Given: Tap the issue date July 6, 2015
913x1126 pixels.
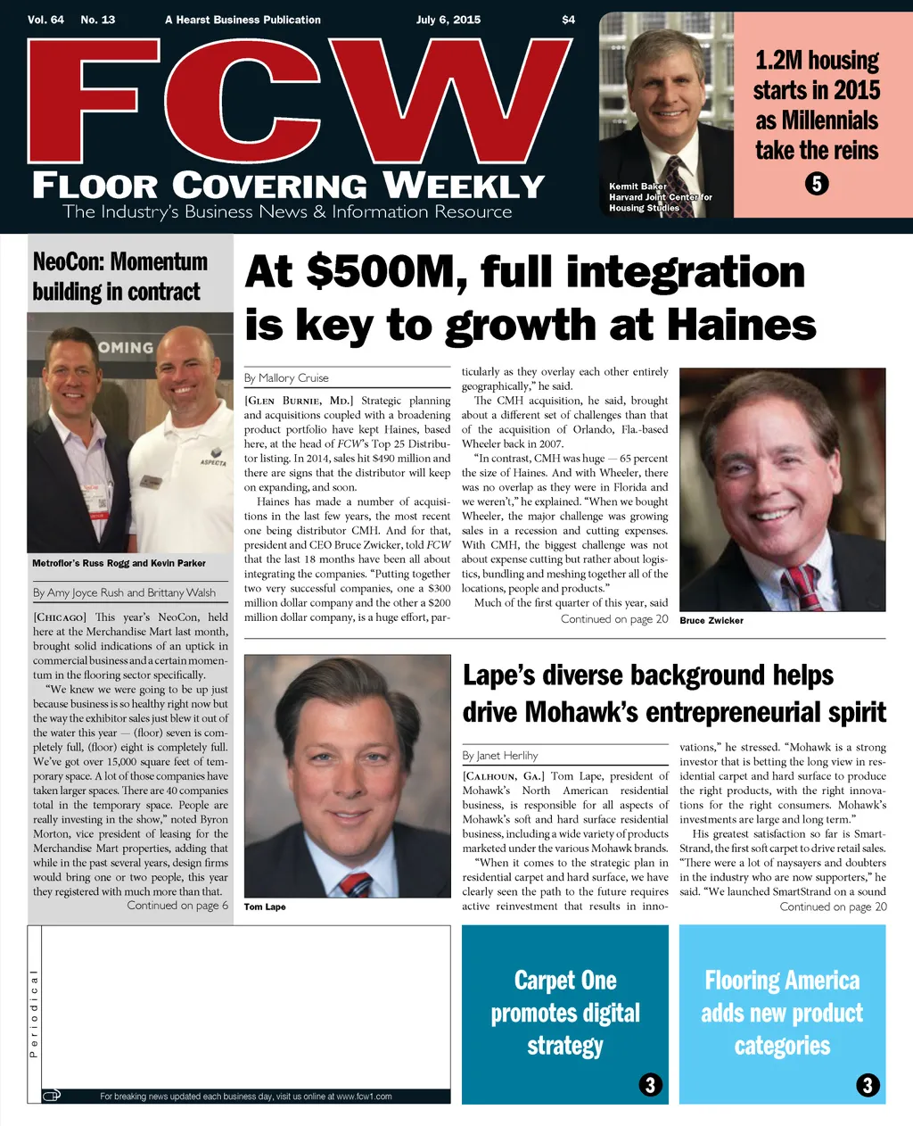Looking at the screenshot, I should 448,20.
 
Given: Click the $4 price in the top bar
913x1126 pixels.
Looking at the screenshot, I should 568,20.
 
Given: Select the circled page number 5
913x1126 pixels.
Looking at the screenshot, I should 817,184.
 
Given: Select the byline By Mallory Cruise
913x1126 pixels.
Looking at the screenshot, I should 286,378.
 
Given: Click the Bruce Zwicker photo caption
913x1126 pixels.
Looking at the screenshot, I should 711,621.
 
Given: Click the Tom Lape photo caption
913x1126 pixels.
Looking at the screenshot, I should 265,907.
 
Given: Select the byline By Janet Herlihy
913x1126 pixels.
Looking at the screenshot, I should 499,756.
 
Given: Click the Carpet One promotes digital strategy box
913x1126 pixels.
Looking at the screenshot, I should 565,1014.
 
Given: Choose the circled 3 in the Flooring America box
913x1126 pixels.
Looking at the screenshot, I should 868,1085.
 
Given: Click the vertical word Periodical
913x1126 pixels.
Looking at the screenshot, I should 34,1014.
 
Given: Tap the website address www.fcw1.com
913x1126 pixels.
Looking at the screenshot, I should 364,1097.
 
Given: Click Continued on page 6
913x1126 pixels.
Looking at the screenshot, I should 177,906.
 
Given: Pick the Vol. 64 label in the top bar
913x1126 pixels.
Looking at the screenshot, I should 45,20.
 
